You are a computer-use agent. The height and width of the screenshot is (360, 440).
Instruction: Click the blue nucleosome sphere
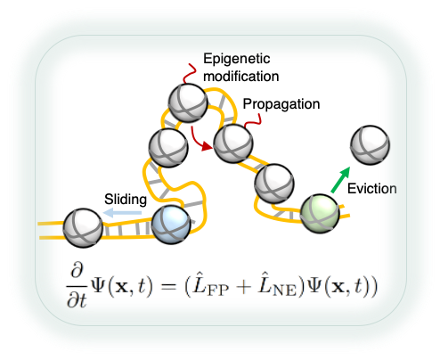pos(171,225)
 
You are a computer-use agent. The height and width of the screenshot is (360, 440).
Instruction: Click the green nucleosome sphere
pos(320,214)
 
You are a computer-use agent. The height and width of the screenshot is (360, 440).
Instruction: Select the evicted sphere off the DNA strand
pos(370,145)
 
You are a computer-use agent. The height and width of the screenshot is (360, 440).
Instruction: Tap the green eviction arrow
pos(340,180)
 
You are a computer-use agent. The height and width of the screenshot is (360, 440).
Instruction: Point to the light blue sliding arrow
pos(122,213)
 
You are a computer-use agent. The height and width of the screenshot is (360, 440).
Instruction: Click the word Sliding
pos(126,200)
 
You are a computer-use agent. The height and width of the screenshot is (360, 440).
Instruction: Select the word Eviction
pos(372,189)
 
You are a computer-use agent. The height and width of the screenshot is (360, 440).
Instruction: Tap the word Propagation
pos(281,104)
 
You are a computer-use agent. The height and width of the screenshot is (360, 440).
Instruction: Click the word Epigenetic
pos(237,59)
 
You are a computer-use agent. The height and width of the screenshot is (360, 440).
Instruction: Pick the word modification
pos(241,77)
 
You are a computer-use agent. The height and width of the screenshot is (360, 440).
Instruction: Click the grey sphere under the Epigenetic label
pos(188,103)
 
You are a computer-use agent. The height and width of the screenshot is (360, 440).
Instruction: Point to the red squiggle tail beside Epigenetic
pos(190,73)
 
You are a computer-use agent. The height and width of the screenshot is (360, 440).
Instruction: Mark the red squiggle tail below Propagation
pos(253,120)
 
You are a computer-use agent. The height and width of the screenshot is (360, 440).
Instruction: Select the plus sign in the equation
pos(243,287)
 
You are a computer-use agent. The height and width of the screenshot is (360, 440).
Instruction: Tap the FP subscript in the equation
pos(218,290)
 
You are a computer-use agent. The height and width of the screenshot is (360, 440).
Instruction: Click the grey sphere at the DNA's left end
pos(83,228)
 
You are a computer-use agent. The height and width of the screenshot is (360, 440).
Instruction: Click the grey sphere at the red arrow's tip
pos(233,143)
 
